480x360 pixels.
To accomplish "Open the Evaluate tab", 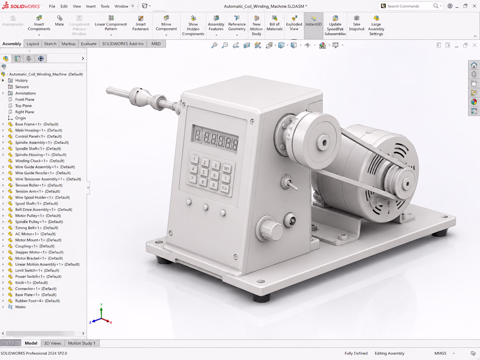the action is point(89,44).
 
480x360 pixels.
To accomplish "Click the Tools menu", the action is point(105,6).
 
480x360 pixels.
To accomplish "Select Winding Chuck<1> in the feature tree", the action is point(39,161).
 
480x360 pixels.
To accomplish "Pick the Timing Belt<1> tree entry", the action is point(36,228).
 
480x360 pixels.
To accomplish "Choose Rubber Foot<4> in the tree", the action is point(38,301).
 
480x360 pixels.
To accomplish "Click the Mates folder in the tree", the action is point(20,307).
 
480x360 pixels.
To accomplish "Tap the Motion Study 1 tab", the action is point(82,343).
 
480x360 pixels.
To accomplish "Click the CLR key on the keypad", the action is point(224,188).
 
